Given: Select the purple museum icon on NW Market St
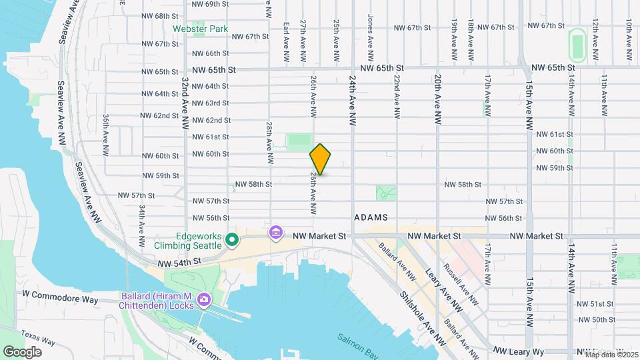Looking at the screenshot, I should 275,233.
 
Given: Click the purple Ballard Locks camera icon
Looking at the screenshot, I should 204,301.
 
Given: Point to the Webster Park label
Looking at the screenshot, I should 200,29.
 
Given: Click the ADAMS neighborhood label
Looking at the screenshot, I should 371,218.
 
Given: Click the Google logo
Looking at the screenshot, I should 22,351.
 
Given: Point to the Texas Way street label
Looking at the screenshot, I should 38,337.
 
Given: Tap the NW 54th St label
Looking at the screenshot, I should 181,263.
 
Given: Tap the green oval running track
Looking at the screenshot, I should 577,45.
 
